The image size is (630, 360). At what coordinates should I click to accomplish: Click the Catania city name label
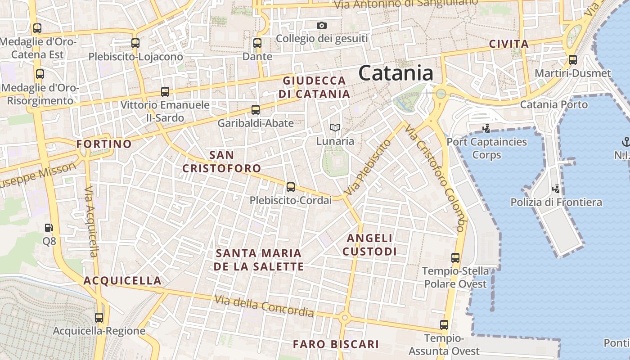click(396, 73)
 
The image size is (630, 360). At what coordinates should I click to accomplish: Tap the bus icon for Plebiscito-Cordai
click(291, 187)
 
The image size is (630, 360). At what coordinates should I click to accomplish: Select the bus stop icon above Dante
click(257, 43)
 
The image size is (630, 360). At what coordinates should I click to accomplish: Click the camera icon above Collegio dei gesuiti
click(321, 25)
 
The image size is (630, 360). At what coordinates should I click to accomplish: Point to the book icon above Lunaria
click(335, 128)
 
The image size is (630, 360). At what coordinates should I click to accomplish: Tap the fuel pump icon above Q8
click(49, 228)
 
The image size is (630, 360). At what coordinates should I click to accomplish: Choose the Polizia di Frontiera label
click(556, 202)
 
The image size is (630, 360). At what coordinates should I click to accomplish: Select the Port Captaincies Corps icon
click(486, 129)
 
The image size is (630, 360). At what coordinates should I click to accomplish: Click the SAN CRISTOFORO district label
click(222, 162)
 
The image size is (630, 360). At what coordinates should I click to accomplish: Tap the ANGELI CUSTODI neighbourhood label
click(370, 244)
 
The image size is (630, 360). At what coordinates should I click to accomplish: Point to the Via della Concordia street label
click(264, 306)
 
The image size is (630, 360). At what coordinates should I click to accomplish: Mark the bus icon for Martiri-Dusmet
click(573, 59)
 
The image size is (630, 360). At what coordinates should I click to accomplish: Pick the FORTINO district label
click(104, 144)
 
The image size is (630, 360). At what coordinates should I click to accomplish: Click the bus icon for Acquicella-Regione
click(99, 318)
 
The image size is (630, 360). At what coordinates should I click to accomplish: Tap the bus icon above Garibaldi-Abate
click(256, 109)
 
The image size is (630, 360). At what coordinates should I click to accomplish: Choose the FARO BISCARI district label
click(336, 344)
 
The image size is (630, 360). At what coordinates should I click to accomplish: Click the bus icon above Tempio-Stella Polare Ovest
click(455, 258)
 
